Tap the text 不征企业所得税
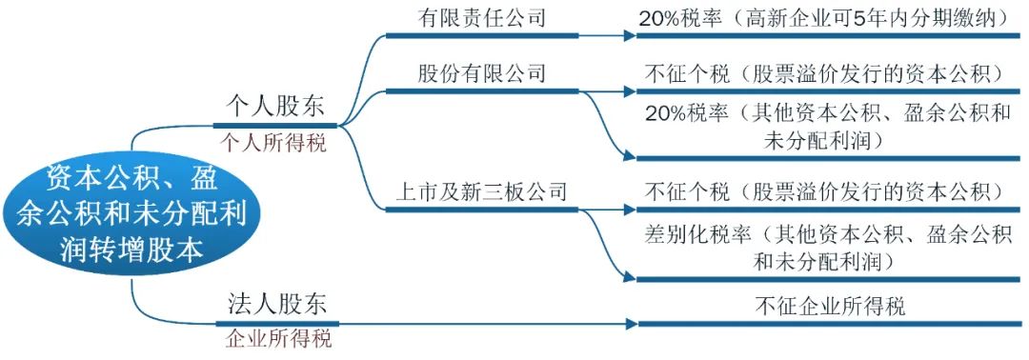(x=828, y=307)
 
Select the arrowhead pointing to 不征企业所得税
(x=630, y=324)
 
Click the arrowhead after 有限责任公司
(x=630, y=35)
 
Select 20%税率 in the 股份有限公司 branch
(x=679, y=115)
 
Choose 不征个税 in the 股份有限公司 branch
(x=679, y=73)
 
